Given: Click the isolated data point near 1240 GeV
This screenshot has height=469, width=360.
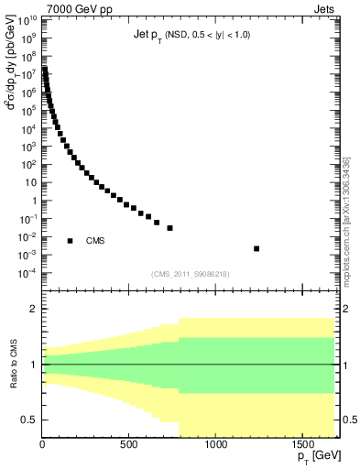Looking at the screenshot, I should [x=256, y=248].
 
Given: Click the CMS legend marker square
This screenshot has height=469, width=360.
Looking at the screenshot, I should [x=71, y=241].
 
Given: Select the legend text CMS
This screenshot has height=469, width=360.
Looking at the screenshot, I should [x=95, y=241].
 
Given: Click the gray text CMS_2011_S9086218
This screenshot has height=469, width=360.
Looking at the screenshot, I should [x=191, y=274].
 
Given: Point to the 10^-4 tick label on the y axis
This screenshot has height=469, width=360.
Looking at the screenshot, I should [x=27, y=273].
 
